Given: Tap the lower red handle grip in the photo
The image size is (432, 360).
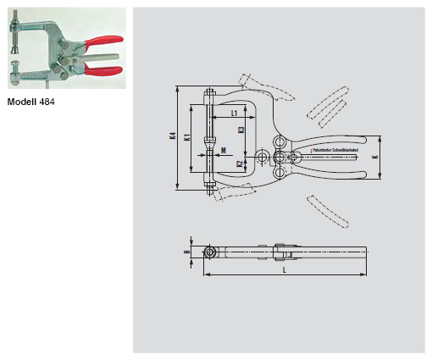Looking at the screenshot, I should pos(102,70).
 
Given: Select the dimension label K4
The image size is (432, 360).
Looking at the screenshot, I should pos(172,137).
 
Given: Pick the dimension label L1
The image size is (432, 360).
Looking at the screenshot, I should pos(234,112).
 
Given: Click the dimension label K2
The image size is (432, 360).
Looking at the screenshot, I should pos(241,163).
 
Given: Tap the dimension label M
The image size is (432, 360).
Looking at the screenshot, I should pos(223,151).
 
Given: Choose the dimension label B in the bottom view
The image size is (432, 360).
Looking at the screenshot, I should pos(187,252).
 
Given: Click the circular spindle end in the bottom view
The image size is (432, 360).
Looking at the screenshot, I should pos(208,252).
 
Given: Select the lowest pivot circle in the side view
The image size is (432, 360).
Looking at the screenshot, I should pos(278,174).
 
